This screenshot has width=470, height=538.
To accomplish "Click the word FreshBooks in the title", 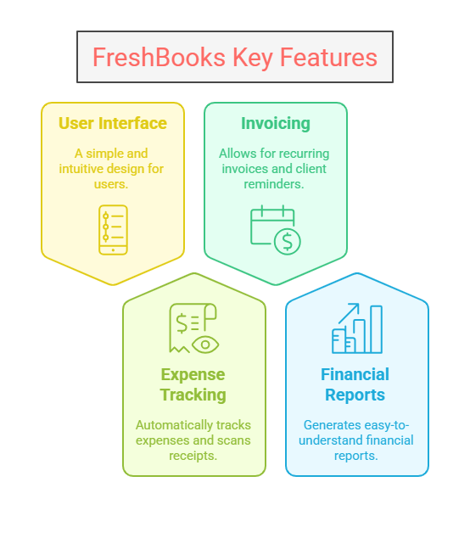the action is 159,57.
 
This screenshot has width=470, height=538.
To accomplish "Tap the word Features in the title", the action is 328,57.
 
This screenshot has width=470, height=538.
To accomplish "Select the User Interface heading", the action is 113,123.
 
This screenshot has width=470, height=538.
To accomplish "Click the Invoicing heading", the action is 276,124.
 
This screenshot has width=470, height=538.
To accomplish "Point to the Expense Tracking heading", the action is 193,384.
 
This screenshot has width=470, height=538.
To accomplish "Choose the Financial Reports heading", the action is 355,384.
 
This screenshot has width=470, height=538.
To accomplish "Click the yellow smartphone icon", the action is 113,230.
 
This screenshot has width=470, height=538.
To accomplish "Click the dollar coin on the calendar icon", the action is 288,242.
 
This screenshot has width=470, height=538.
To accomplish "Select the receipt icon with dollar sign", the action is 194,328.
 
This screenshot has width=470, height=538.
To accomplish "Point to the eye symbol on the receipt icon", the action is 205,345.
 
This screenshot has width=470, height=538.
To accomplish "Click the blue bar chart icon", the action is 357,328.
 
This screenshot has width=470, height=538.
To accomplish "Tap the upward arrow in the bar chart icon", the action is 349,313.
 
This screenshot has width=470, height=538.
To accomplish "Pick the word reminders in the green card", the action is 274,184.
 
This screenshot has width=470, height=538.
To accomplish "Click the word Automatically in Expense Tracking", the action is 174,425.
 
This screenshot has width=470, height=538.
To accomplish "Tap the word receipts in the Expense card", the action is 193,456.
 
